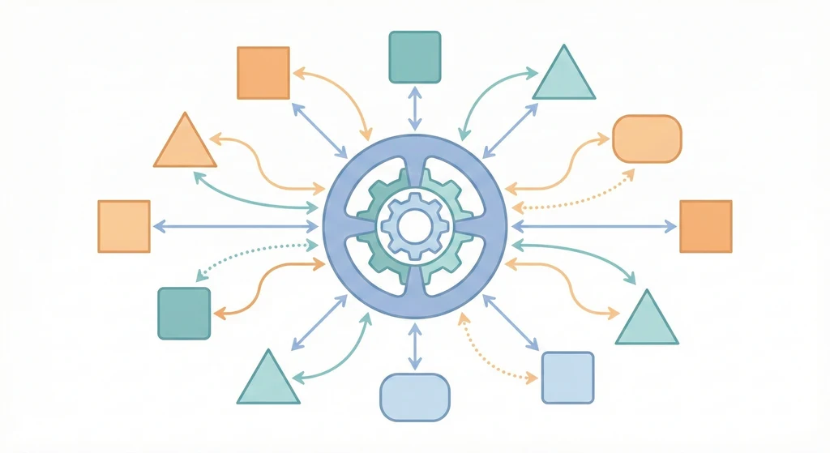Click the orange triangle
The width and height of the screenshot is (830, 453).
pos(185,143)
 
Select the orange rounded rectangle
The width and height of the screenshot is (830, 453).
pos(647,138)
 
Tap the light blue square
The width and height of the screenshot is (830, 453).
pos(567,377)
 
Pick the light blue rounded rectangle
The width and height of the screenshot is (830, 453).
pos(414,397)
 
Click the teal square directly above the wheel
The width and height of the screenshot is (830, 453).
pos(414,57)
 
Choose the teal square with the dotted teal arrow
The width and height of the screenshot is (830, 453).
pos(184,314)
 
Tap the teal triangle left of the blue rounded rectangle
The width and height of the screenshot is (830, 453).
pos(268,380)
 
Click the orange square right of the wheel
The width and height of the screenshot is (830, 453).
pos(705,226)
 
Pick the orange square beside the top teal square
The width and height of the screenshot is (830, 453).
pos(263,73)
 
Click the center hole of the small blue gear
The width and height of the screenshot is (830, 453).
pos(414,225)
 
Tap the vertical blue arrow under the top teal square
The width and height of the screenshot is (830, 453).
pos(414,107)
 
